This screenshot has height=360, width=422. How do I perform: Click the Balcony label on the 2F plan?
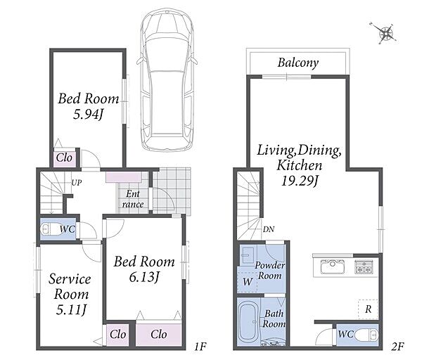(x=298, y=63)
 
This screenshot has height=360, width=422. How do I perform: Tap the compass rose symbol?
(x=385, y=33)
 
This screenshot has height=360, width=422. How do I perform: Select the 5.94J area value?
(x=89, y=115)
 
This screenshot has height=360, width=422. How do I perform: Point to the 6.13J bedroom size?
(x=143, y=277)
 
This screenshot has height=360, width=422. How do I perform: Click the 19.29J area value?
(x=300, y=181)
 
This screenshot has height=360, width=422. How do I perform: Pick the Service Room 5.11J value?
(x=71, y=309)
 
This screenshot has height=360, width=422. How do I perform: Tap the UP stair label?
(x=77, y=183)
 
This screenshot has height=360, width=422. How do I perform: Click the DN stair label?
(x=269, y=229)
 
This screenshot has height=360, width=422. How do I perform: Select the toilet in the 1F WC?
(x=47, y=229)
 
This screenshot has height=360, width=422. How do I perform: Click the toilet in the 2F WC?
(x=366, y=335)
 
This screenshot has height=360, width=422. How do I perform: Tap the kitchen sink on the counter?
(x=333, y=266)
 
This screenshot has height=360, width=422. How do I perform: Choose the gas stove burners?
(x=364, y=266)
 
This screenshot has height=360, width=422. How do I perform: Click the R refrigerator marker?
(x=368, y=309)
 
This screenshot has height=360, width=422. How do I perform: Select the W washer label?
(x=248, y=282)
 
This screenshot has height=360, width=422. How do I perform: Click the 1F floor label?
(x=200, y=347)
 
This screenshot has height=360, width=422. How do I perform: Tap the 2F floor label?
(x=397, y=347)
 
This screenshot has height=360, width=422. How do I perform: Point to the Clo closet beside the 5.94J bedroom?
(x=64, y=158)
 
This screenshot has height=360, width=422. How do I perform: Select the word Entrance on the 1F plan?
(x=133, y=199)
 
